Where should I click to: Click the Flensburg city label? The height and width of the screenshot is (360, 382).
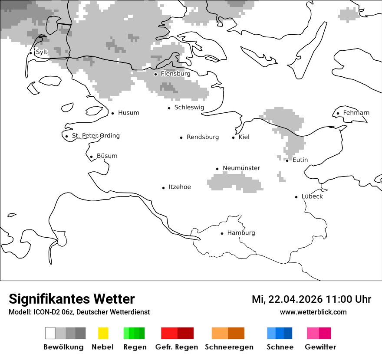(175, 74)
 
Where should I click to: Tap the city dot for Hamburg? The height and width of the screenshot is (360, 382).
(222, 233)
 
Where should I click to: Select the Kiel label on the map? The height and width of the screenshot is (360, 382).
(244, 137)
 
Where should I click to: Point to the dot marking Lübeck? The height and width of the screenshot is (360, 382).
(296, 197)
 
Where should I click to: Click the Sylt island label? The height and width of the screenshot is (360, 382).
(42, 52)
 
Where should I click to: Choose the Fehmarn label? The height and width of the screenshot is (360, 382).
(356, 113)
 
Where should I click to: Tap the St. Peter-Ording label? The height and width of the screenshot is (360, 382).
(95, 136)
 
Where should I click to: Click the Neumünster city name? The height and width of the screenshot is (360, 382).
(241, 168)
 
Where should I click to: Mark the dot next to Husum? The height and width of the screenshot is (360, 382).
(112, 113)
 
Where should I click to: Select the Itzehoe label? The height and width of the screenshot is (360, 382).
(180, 187)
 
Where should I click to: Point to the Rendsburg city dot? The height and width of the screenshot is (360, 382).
(181, 137)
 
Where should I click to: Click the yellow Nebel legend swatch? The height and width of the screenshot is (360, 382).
(103, 333)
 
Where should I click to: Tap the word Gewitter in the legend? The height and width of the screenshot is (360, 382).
(320, 347)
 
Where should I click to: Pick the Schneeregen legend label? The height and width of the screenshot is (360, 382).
(229, 347)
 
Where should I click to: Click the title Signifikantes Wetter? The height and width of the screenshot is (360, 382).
(72, 299)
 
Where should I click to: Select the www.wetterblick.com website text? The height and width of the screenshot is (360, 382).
(313, 312)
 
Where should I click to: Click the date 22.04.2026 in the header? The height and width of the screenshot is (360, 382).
(295, 299)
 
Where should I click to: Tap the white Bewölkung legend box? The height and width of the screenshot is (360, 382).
(50, 333)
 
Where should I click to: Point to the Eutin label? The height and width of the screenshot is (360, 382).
(300, 160)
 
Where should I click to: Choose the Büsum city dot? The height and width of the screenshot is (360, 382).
(91, 157)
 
